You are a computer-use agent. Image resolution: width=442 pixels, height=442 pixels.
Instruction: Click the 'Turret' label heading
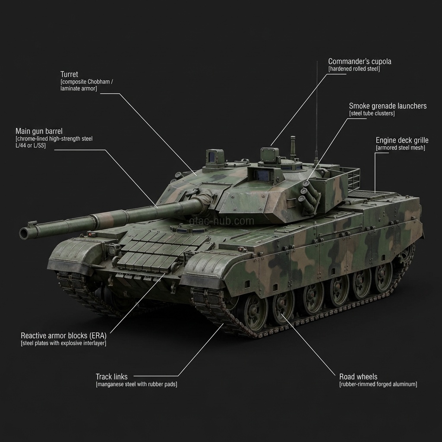tap(69, 74)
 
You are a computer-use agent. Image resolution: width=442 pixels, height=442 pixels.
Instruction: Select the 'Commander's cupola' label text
tap(360, 61)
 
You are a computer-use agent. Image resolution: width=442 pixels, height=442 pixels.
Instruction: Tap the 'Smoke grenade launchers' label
tap(387, 106)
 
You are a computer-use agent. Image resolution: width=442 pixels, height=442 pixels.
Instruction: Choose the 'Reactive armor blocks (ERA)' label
tap(63, 335)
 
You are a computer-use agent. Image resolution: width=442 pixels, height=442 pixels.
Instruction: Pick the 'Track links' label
tap(111, 377)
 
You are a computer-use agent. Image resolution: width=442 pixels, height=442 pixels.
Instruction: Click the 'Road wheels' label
tap(358, 377)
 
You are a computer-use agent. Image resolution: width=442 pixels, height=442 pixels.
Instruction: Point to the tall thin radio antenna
tap(317, 108)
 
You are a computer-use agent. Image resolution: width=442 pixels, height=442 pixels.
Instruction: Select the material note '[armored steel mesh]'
tap(400, 148)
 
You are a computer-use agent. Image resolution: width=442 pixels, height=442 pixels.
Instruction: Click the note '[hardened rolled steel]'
tap(354, 69)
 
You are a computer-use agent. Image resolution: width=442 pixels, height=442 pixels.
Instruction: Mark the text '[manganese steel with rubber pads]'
tap(136, 384)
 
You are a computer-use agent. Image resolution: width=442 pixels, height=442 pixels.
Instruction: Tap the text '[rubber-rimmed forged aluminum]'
tap(378, 384)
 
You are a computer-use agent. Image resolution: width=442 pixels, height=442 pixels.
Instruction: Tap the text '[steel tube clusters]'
tap(372, 114)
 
